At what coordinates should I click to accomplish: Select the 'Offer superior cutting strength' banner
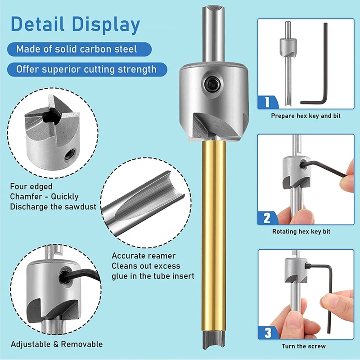(86, 69)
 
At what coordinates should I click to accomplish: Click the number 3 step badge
(268, 333)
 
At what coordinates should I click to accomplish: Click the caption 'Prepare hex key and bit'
(306, 116)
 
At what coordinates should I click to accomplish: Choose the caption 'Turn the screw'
(304, 346)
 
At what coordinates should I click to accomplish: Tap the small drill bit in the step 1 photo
(287, 67)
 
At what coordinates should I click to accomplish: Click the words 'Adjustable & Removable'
(57, 344)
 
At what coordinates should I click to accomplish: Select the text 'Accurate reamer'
(137, 256)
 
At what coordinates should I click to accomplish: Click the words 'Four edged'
(31, 186)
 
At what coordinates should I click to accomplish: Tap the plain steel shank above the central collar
(213, 36)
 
